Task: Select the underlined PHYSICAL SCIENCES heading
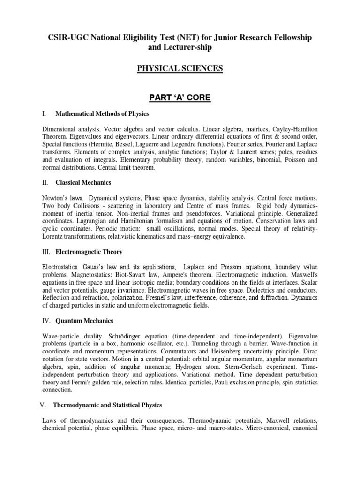pyautogui.click(x=180, y=69)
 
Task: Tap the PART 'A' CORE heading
pyautogui.click(x=180, y=97)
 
